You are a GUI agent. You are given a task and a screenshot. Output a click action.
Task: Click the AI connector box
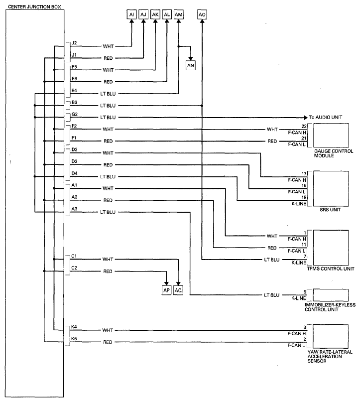[131, 14]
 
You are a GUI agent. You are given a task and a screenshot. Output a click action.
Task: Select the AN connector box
[190, 65]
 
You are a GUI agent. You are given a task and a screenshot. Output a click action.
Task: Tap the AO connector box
[202, 14]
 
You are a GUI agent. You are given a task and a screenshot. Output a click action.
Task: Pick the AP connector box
[166, 290]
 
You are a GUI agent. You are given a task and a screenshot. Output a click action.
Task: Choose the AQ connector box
[178, 290]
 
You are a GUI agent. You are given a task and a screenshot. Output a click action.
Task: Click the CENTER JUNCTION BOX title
[34, 6]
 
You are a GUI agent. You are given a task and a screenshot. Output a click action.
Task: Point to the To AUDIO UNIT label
[326, 117]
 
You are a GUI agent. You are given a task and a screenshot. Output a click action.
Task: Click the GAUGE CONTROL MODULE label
[334, 153]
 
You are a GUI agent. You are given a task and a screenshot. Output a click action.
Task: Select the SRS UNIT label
[330, 209]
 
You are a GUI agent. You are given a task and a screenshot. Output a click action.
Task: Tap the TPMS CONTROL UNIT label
[331, 268]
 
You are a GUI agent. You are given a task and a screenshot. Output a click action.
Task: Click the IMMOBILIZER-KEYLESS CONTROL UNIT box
[331, 295]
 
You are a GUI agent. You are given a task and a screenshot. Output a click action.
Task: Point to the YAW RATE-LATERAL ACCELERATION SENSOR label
[330, 356]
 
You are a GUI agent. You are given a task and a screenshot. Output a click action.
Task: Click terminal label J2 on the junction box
[74, 43]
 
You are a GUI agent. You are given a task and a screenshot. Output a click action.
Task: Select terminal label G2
[75, 114]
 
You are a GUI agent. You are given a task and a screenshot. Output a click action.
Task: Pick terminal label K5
[74, 339]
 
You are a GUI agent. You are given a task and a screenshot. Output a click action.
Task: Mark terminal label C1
[74, 256]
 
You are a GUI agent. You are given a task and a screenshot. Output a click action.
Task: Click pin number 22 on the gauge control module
[304, 126]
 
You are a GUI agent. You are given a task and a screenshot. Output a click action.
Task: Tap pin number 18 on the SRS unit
[304, 197]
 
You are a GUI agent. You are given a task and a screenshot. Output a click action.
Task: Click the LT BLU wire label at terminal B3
[108, 106]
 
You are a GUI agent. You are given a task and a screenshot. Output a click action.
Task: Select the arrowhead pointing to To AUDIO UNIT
[305, 118]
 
